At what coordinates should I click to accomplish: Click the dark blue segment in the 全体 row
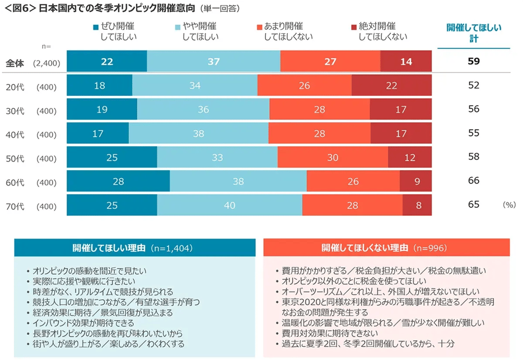click(107, 61)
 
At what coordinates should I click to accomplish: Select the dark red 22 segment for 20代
click(391, 85)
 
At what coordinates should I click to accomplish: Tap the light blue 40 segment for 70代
click(229, 205)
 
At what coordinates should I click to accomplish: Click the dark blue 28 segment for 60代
click(118, 181)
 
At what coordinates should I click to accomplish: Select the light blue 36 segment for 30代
click(203, 109)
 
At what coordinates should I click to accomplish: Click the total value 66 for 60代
click(474, 180)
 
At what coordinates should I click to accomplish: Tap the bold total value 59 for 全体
click(474, 61)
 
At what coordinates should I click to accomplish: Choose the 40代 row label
click(15, 134)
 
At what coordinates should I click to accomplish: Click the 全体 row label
click(15, 63)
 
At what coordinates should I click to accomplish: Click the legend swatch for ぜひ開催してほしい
click(96, 26)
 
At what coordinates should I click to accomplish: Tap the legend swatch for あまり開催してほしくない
click(259, 26)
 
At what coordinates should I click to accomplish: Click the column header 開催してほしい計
click(474, 32)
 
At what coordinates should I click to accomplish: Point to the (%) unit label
click(508, 205)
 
